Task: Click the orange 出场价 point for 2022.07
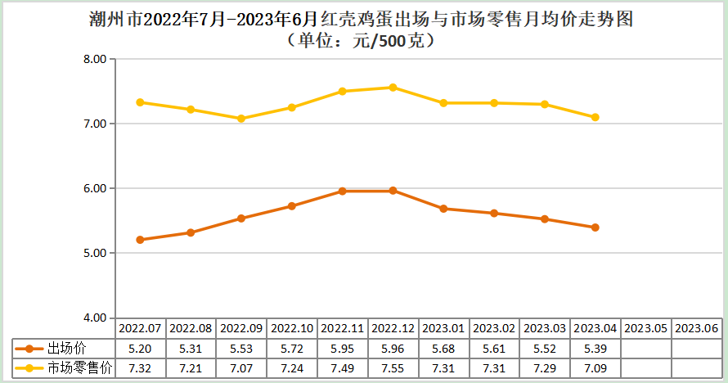click(141, 240)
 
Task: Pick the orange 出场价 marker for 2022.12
click(393, 191)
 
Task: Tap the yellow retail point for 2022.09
click(241, 119)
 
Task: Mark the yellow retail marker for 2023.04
click(595, 117)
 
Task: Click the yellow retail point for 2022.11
click(343, 92)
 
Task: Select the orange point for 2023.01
click(443, 209)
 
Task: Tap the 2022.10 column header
click(292, 327)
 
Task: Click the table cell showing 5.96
click(393, 348)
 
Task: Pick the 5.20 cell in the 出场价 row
click(141, 348)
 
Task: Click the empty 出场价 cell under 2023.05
click(646, 348)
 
